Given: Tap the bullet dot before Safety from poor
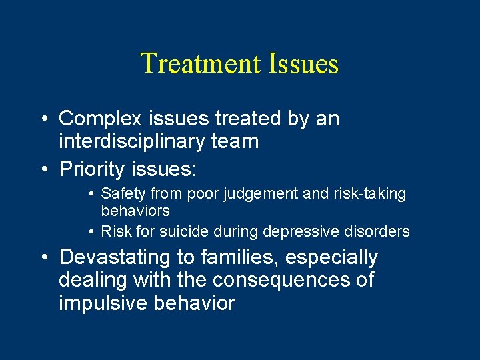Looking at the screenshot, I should click(x=91, y=195).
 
